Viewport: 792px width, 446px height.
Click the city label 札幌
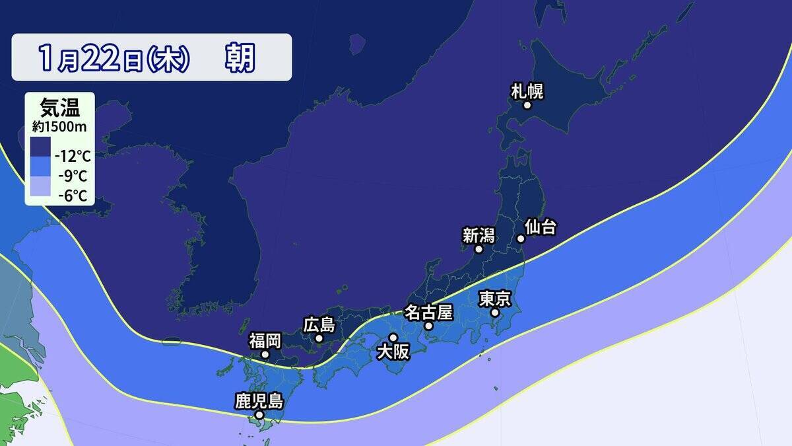527,91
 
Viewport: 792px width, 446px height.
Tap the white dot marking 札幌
527,105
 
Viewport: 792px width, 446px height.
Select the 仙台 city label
541,228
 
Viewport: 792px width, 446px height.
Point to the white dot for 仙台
520,239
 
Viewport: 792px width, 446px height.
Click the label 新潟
478,235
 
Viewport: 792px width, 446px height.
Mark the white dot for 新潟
478,249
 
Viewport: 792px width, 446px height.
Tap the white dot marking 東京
494,313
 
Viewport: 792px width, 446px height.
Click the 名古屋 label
428,312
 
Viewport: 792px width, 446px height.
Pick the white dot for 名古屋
428,326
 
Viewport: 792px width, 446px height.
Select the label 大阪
393,352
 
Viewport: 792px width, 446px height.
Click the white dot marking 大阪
393,338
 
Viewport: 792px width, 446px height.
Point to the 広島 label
319,324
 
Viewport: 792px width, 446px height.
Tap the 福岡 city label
265,341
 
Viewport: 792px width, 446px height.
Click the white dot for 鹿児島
259,415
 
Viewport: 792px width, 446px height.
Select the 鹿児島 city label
259,400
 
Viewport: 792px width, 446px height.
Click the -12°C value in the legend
73,157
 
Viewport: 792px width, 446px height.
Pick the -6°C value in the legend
73,196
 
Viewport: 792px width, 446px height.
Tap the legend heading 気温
59,106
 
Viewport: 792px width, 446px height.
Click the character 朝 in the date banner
239,58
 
